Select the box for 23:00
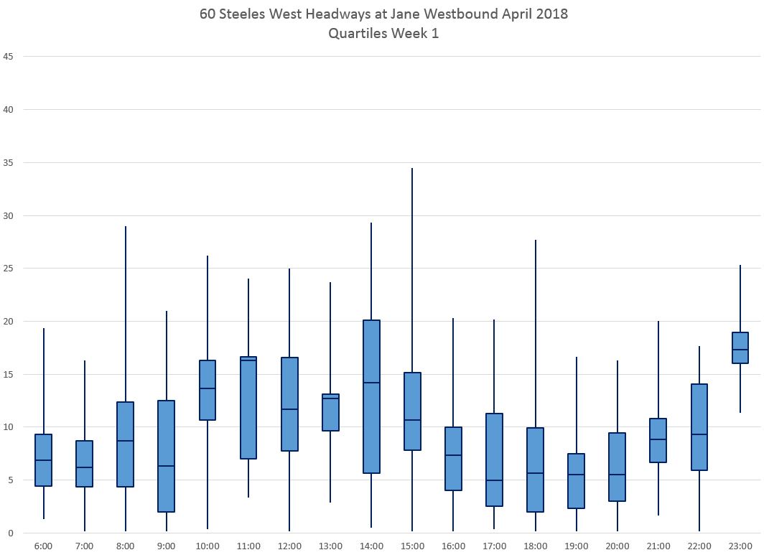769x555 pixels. click(740, 348)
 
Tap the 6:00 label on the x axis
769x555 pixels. click(43, 546)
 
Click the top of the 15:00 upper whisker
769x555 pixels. click(412, 168)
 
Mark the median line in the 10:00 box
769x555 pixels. click(208, 388)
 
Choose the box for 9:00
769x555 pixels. click(167, 456)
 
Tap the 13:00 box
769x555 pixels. click(330, 412)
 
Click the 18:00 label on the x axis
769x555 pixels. click(535, 546)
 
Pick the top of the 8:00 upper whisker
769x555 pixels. click(126, 227)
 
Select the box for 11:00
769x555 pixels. click(248, 407)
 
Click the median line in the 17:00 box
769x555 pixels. click(494, 480)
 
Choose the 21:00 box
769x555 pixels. click(658, 440)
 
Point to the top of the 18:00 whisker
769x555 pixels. click(536, 240)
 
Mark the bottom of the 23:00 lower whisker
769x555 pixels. click(740, 413)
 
